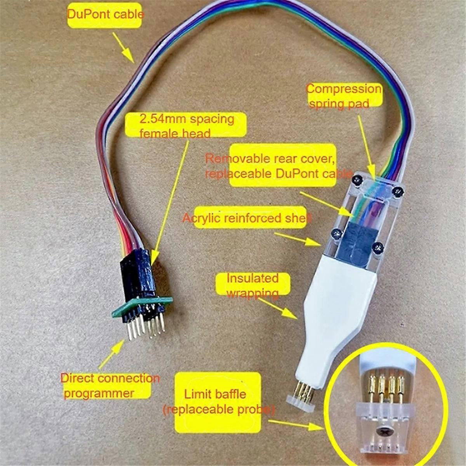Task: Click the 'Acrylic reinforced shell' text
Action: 247,219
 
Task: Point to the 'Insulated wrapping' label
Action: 252,285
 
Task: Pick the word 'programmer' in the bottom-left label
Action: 99,393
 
